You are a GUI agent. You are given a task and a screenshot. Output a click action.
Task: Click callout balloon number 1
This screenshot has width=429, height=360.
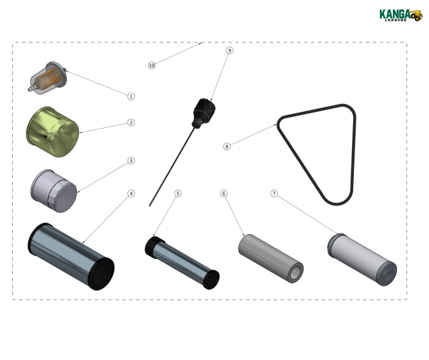[x=131, y=96]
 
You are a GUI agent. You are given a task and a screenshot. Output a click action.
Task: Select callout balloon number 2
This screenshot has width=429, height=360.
[x=131, y=122]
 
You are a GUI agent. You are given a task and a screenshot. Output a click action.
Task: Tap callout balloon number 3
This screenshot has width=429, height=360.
[x=131, y=161]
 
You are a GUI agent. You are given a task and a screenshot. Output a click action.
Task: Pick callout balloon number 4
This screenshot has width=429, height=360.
[x=131, y=193]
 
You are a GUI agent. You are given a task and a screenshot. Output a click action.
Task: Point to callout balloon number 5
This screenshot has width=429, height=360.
[x=178, y=193]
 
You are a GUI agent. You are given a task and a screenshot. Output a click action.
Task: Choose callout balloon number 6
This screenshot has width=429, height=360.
[x=223, y=193]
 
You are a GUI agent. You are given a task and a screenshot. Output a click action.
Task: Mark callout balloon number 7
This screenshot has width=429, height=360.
[x=274, y=193]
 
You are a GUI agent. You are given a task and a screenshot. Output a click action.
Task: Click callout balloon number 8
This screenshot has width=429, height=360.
[x=227, y=147]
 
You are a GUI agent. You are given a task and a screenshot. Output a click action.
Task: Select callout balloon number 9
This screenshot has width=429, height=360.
[x=229, y=50]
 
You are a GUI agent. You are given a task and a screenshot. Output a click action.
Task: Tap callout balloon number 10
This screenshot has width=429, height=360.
[x=152, y=66]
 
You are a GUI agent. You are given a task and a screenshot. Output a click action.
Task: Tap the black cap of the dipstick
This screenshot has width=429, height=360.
[x=204, y=109]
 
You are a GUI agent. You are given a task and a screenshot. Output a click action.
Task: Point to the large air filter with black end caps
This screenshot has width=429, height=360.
[x=70, y=253]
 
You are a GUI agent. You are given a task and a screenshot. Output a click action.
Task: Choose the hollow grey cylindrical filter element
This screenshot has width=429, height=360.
[x=270, y=258]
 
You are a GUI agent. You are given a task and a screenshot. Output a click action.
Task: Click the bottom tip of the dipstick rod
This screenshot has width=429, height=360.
[x=150, y=205]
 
